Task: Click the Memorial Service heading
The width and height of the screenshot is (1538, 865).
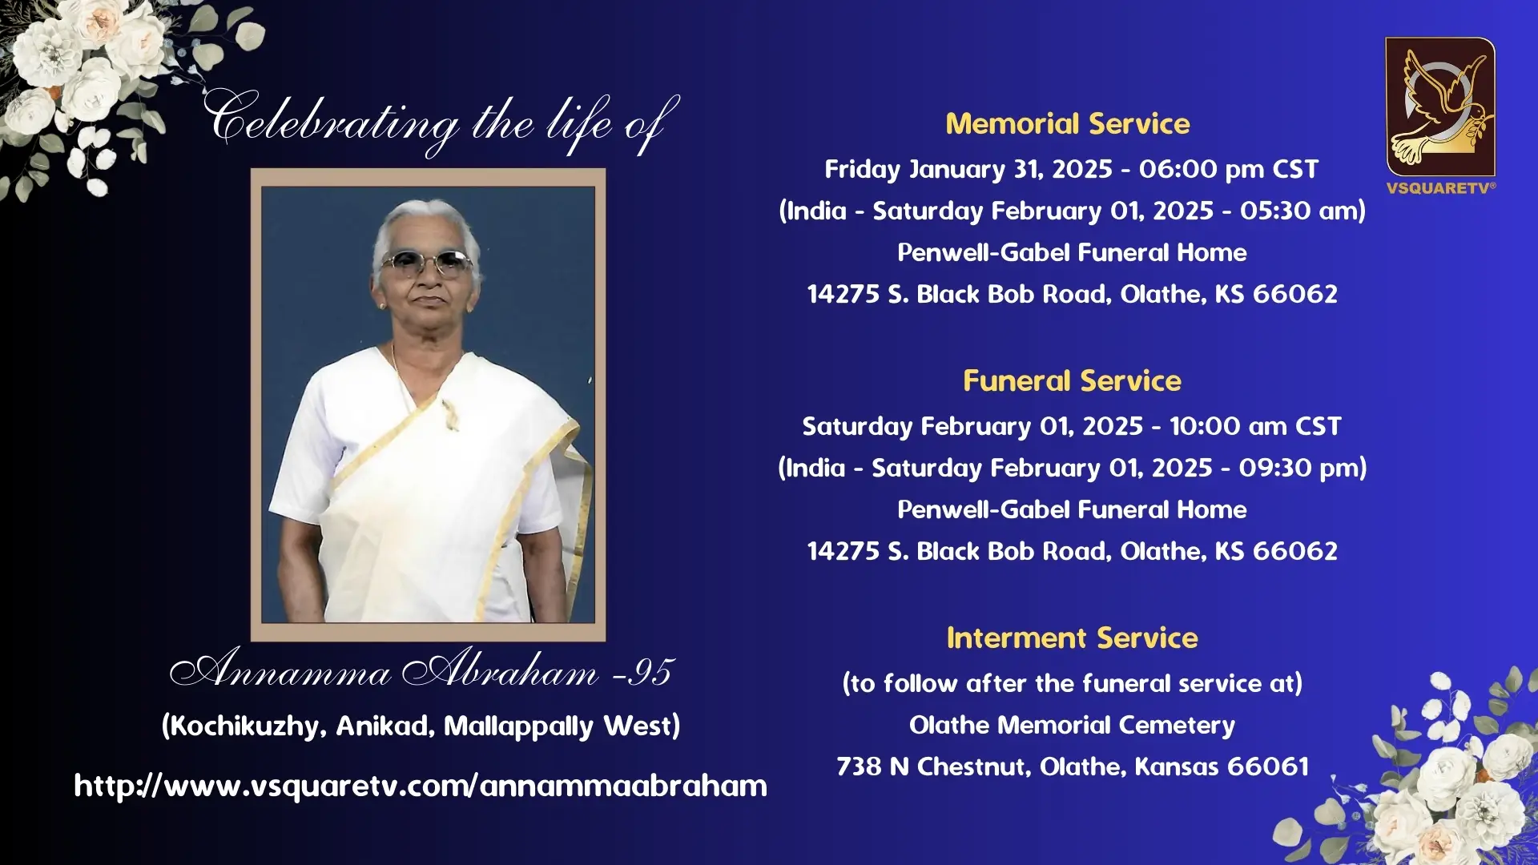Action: pos(1068,123)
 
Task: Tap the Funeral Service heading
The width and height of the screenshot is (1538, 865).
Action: pos(1072,380)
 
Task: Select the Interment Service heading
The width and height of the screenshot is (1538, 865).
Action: pos(1072,638)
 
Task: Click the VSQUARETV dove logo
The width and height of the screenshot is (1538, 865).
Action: pos(1440,107)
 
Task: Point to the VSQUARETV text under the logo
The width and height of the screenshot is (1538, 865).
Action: pos(1440,188)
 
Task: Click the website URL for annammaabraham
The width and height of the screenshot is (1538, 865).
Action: pos(421,786)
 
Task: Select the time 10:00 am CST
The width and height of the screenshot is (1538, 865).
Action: pos(1255,426)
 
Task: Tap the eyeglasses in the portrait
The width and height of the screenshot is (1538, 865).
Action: pos(427,262)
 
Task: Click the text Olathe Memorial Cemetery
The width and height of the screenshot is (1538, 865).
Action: pos(1072,725)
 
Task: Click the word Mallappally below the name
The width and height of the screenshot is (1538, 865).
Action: pos(519,726)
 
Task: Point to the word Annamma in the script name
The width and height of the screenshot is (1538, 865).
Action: pos(280,669)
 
